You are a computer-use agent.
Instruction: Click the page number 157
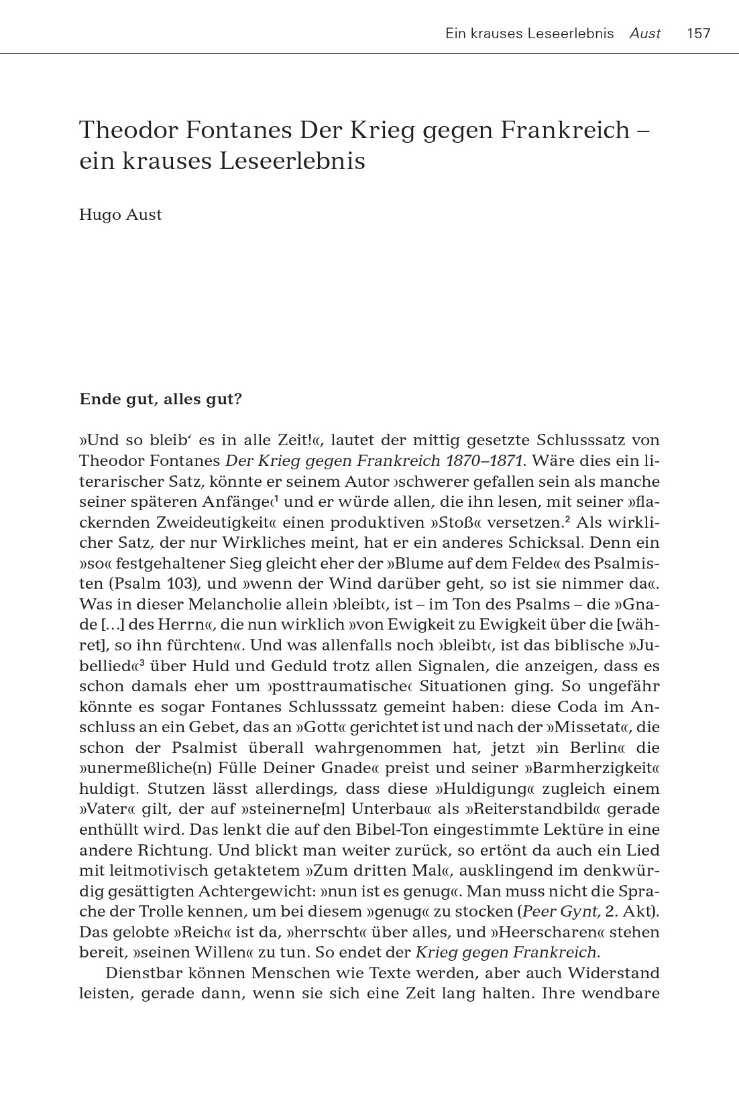coord(698,34)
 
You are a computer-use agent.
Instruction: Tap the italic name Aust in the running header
coord(645,34)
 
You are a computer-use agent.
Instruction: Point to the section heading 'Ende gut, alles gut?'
coord(160,400)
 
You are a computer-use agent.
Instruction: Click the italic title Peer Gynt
coord(554,912)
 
